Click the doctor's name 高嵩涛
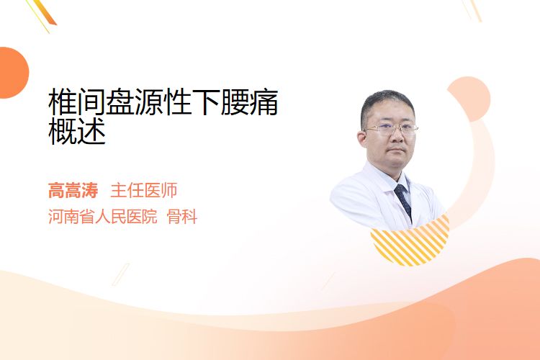73,190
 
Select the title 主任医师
143,190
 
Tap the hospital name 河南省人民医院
103,217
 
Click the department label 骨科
182,217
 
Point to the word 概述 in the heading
77,131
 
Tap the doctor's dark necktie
403,201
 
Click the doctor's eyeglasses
390,129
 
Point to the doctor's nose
397,137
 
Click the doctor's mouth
397,150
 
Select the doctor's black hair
387,104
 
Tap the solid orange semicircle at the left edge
13,73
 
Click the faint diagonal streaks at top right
472,10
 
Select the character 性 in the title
177,102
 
